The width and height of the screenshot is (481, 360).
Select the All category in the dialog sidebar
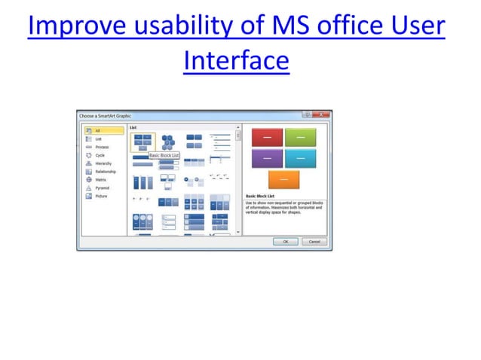point(98,130)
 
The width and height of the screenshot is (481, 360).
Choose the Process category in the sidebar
point(102,147)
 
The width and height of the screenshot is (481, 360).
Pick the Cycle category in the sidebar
point(100,155)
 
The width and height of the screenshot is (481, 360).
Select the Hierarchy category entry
point(103,163)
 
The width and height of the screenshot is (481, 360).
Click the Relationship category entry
point(106,172)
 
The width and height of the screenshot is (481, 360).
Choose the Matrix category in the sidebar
point(101,180)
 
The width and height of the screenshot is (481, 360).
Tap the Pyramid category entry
point(102,188)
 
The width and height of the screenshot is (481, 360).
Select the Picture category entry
point(102,197)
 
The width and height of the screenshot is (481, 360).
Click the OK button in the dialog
point(285,242)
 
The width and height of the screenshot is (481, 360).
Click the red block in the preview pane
point(266,136)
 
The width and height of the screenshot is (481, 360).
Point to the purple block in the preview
point(266,157)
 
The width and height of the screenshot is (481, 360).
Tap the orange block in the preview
point(283,179)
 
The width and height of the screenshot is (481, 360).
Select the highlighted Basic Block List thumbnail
point(143,141)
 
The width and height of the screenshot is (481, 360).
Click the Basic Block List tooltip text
point(164,155)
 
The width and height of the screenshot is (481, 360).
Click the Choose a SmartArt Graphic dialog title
point(106,115)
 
